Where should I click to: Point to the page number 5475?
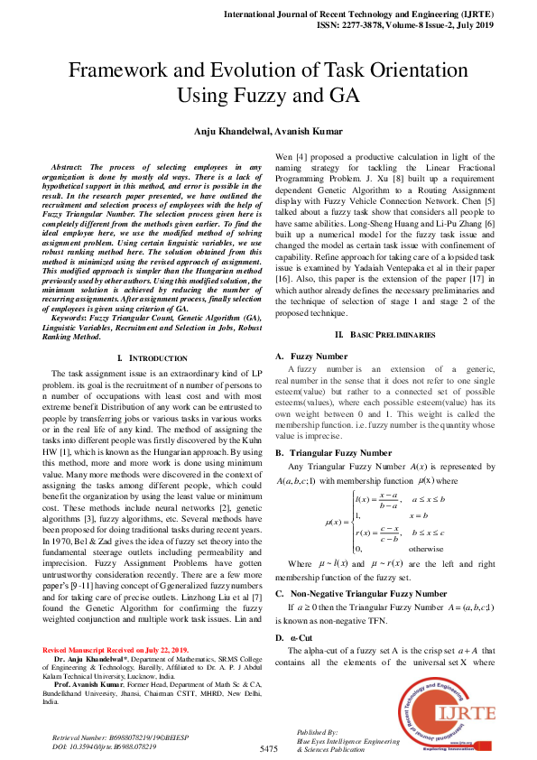268,749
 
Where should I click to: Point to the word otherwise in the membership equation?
426,548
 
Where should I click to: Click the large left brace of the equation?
351,523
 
